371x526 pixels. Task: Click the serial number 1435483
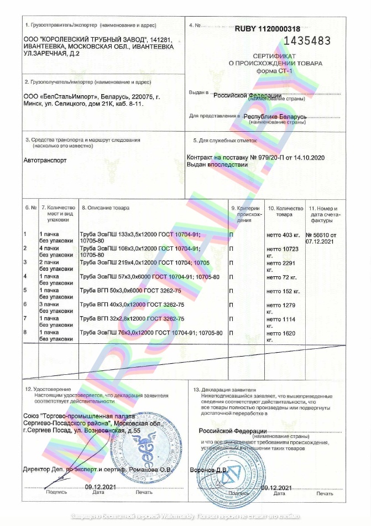(307, 40)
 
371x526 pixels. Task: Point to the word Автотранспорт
(45, 160)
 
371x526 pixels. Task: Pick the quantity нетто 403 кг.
(283, 235)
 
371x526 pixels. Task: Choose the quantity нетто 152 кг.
(283, 290)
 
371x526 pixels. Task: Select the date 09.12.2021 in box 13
(276, 487)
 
